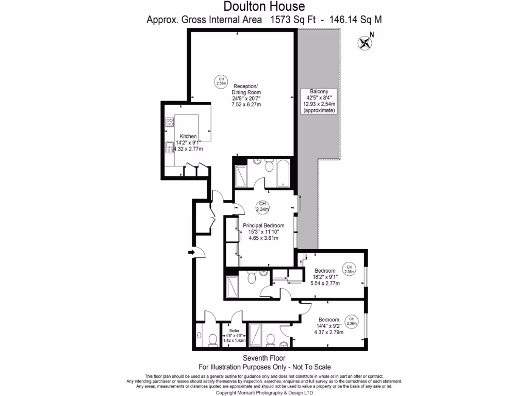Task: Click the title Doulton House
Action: pyautogui.click(x=264, y=7)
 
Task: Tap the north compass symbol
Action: pyautogui.click(x=365, y=43)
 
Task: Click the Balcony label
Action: pyautogui.click(x=319, y=91)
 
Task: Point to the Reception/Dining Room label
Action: pyautogui.click(x=246, y=89)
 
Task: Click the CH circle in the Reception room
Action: pyautogui.click(x=221, y=81)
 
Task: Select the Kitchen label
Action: pyautogui.click(x=188, y=137)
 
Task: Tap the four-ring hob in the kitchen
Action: pyautogui.click(x=170, y=122)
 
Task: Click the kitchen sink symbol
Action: pyautogui.click(x=169, y=148)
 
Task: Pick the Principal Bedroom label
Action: pyautogui.click(x=263, y=225)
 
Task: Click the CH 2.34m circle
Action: pyautogui.click(x=263, y=206)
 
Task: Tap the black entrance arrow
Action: pyautogui.click(x=192, y=252)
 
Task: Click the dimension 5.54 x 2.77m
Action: pyautogui.click(x=325, y=283)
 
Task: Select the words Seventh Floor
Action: pyautogui.click(x=264, y=358)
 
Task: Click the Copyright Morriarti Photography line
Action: pyautogui.click(x=264, y=392)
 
